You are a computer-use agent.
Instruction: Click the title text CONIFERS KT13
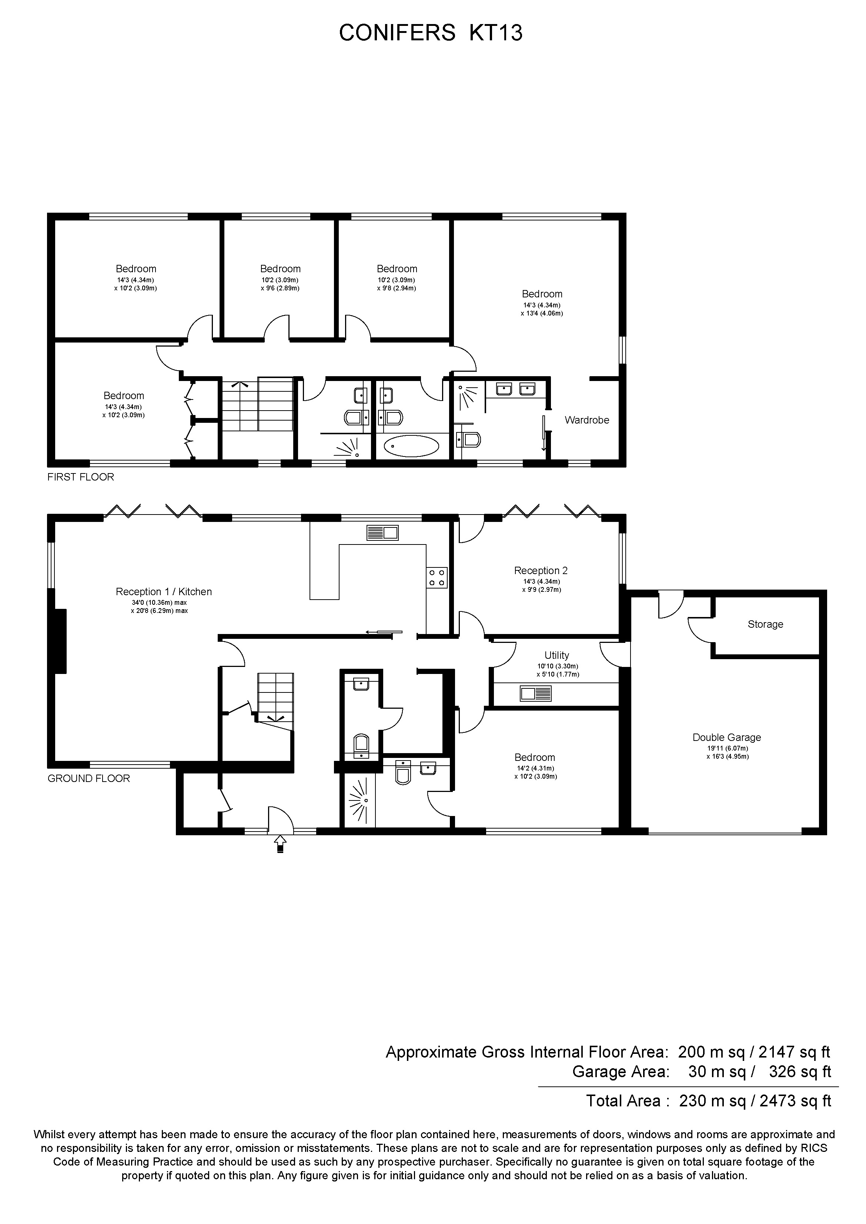tap(431, 33)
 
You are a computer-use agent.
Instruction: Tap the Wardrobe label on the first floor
tap(587, 420)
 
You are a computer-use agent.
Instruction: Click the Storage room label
tap(765, 624)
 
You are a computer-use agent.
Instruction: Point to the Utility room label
tap(556, 655)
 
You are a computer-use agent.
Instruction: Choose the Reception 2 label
tap(541, 570)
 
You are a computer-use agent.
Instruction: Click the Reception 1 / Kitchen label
tap(164, 592)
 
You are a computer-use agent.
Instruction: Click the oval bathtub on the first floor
tap(411, 446)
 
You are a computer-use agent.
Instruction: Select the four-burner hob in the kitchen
tap(437, 578)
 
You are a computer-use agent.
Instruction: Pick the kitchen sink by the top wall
tap(382, 532)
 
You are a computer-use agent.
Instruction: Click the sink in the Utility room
tap(536, 694)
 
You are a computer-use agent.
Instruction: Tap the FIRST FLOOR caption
tap(81, 477)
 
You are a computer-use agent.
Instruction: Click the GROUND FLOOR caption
tap(88, 778)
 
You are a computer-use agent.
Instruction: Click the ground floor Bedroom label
tap(535, 758)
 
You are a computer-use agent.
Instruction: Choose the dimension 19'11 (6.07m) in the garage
tap(727, 748)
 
